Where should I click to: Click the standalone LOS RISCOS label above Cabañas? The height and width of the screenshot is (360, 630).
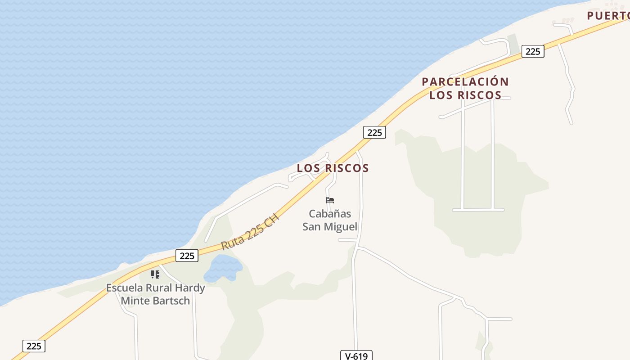[x=333, y=168]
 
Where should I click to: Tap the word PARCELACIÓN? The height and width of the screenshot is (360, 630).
[x=465, y=82]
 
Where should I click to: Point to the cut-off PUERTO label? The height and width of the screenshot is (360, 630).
[x=608, y=16]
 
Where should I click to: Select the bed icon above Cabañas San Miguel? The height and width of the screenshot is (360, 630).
[x=330, y=200]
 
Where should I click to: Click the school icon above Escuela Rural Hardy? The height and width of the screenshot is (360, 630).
[x=155, y=274]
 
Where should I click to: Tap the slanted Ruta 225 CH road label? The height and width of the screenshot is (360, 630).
[x=250, y=232]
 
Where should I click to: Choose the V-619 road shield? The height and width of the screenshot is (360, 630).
[x=356, y=356]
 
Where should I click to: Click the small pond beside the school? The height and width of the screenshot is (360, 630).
[x=223, y=268]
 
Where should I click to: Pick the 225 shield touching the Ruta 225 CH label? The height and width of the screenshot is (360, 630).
[x=187, y=256]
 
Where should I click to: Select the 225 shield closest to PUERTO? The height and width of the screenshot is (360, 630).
[x=532, y=51]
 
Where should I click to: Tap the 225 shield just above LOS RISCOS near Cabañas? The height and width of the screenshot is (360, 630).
[x=374, y=132]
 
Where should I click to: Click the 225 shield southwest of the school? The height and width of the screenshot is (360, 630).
[x=34, y=346]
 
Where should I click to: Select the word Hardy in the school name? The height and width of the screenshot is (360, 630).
[x=189, y=288]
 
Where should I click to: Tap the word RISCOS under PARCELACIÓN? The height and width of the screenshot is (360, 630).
[x=480, y=95]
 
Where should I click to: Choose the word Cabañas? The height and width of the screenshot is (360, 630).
[x=330, y=214]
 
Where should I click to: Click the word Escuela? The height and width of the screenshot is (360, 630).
[x=124, y=288]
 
